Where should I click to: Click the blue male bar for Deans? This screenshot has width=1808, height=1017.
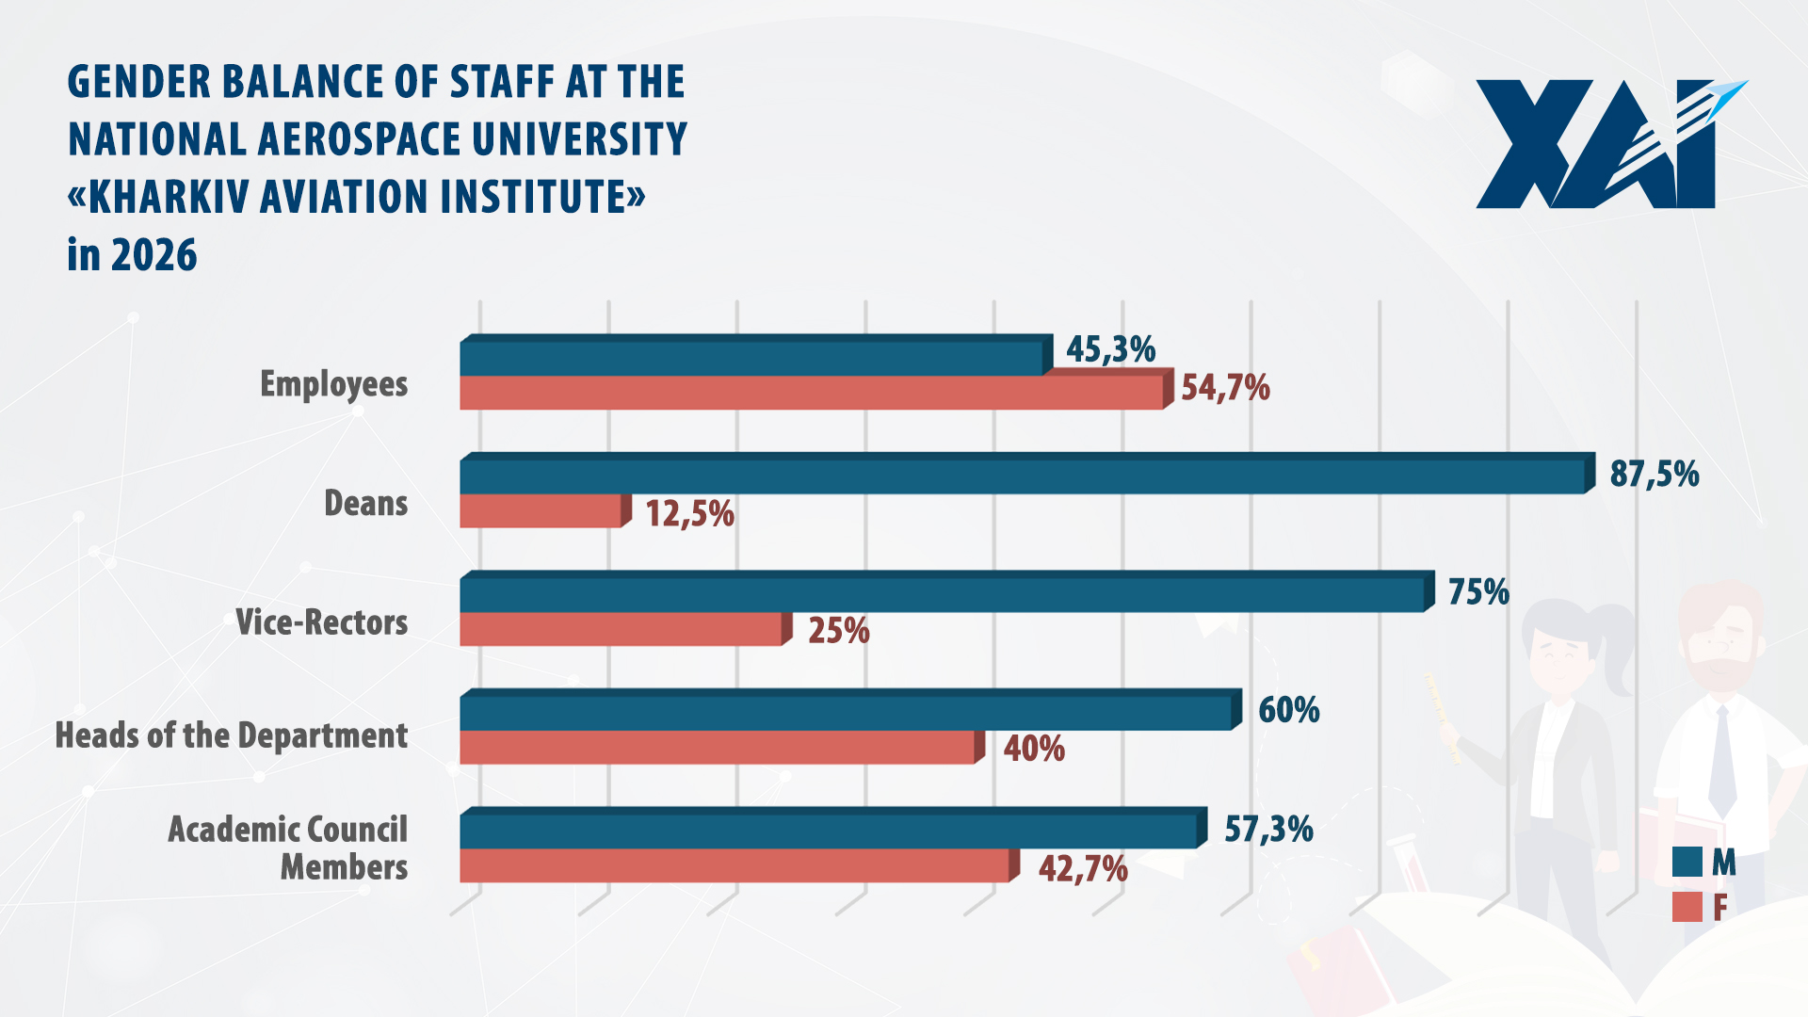point(1022,476)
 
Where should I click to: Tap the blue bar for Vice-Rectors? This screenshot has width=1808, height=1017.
point(942,594)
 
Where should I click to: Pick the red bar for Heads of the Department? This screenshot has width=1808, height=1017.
point(716,747)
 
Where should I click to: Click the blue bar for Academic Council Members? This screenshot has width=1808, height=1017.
point(829,831)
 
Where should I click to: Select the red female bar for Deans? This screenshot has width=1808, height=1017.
point(540,511)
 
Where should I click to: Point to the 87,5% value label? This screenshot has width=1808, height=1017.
point(1654,474)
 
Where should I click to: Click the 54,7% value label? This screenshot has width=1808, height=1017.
point(1225,388)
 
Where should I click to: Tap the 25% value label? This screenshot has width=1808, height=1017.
point(838,631)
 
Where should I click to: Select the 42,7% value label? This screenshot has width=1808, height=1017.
point(1083,868)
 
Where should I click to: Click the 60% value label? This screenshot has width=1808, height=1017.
point(1288,710)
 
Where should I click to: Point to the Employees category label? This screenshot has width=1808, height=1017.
point(333,384)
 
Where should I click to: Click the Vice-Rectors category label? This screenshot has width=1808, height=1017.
point(321,622)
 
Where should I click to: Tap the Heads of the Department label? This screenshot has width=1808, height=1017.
point(231,735)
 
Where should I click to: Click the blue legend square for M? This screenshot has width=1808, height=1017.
point(1687,862)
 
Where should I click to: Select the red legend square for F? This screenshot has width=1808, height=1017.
point(1687,907)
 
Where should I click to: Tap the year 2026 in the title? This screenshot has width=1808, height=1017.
point(153,255)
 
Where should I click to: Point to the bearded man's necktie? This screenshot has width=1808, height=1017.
point(1721,761)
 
